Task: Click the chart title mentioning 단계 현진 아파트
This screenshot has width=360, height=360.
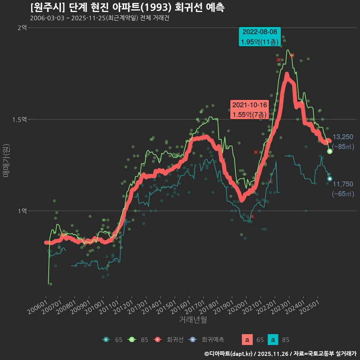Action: point(127,7)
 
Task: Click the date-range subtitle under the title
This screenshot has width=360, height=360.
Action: point(99,18)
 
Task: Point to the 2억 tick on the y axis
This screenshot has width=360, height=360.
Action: point(22,28)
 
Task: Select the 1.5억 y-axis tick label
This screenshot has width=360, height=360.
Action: point(20,120)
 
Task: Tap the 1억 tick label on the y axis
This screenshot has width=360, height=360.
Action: point(22,211)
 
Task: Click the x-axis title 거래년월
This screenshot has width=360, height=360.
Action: point(193,320)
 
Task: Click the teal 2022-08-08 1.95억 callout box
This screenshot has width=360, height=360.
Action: point(260,37)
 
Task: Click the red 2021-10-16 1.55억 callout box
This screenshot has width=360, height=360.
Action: point(249,109)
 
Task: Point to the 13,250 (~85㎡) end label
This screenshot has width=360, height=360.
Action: point(343,142)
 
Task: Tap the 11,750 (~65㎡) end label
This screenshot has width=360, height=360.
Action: point(343,189)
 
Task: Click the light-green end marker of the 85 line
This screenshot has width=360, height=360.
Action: point(330,151)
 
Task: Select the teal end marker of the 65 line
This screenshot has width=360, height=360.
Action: point(330,179)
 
